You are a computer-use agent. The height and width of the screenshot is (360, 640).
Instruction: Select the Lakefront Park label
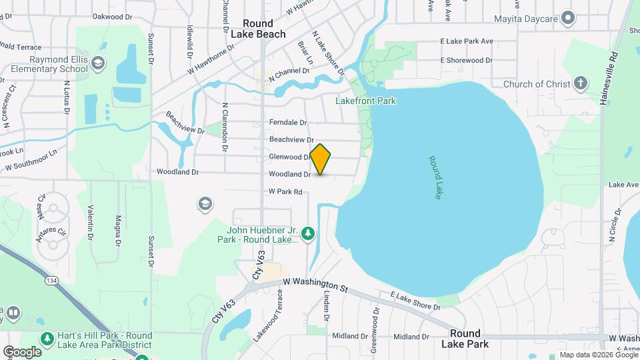(366, 101)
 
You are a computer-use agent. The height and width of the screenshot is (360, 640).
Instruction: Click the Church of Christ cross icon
(581, 84)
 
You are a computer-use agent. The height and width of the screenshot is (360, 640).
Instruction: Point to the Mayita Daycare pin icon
(568, 17)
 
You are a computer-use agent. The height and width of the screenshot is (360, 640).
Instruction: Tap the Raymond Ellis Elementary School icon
(98, 64)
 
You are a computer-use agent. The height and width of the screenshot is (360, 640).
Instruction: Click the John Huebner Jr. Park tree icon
(307, 233)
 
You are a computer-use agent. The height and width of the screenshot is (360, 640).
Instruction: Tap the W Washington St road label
(315, 285)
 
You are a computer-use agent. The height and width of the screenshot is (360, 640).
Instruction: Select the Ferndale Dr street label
(288, 123)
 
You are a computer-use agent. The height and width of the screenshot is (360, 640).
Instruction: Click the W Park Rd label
(285, 191)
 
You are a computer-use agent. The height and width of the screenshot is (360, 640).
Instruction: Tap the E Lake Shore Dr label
(415, 301)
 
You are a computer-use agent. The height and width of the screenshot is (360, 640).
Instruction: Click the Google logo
(22, 351)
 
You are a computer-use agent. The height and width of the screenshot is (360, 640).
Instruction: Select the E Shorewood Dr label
(466, 60)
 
